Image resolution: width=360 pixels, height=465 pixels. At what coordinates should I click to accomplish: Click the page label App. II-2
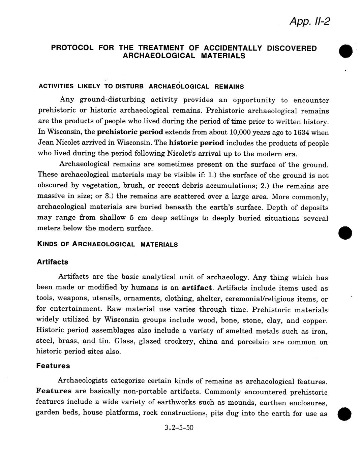click(309, 22)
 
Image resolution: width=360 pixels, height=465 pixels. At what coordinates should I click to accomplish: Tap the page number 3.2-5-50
click(179, 428)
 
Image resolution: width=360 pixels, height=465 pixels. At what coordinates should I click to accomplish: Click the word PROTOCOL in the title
click(72, 48)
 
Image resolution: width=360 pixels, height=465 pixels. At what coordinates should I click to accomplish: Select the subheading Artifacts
click(52, 262)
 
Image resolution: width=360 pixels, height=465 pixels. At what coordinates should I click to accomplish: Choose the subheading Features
click(53, 366)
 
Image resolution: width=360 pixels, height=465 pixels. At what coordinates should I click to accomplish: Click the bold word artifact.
click(197, 288)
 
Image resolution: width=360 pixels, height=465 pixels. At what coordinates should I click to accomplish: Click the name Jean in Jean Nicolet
click(45, 143)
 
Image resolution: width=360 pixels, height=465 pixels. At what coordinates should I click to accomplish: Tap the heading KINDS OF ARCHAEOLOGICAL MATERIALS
click(107, 245)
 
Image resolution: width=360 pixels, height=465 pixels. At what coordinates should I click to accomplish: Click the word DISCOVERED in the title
click(292, 48)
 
